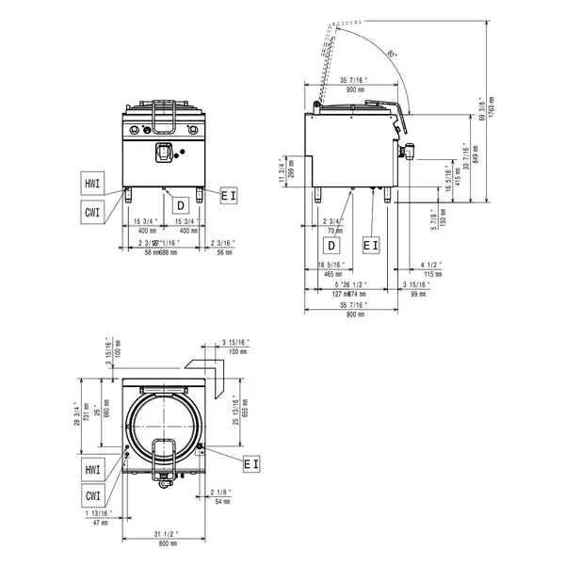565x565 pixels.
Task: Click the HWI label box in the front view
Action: [x=92, y=184]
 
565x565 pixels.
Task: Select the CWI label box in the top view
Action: [x=92, y=495]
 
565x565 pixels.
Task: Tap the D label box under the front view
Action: [x=178, y=204]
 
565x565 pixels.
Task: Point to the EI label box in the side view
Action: [x=371, y=245]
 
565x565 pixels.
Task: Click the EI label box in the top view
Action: [x=251, y=463]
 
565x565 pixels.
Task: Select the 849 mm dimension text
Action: [x=475, y=150]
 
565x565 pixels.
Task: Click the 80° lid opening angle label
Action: [x=391, y=55]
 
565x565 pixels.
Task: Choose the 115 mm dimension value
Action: [x=429, y=273]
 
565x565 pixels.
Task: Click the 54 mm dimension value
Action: [x=222, y=501]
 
